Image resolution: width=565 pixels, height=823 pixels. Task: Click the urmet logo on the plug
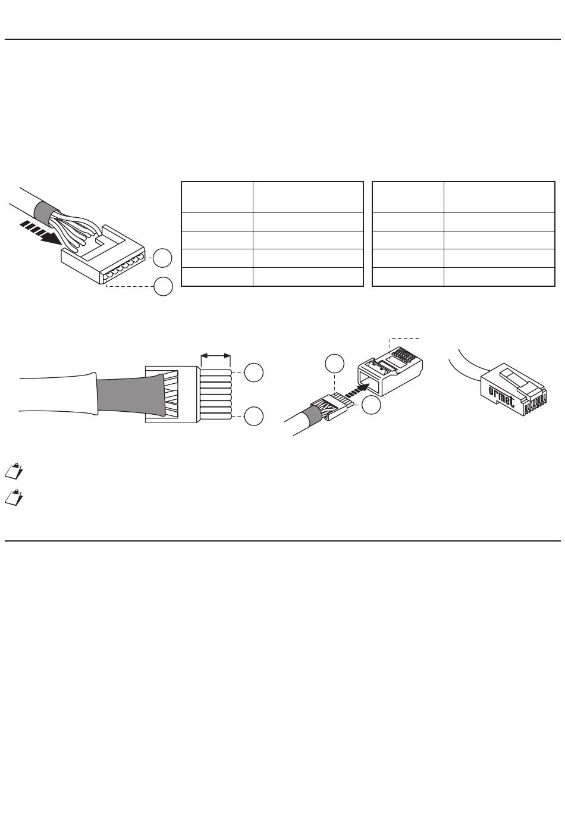coord(501,396)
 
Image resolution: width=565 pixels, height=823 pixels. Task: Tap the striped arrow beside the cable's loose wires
coord(40,232)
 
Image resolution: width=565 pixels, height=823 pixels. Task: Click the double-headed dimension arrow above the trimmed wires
coord(216,356)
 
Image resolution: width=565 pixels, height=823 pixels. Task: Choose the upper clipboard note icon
coord(14,471)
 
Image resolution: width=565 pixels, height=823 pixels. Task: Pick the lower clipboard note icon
coord(14,497)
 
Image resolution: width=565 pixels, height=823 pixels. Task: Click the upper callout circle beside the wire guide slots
coord(162,258)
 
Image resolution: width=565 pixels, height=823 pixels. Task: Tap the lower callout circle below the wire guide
coord(163,287)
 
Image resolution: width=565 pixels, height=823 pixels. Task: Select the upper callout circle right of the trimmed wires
coord(254,373)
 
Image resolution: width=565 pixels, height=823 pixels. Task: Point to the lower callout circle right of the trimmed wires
coord(254,417)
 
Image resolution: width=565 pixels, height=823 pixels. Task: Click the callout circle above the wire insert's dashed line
coord(334,364)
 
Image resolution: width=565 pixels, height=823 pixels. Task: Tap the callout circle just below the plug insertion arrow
coord(371,405)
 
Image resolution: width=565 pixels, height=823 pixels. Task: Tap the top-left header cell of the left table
coord(217,197)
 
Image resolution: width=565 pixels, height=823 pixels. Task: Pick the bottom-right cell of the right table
coord(500,277)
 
